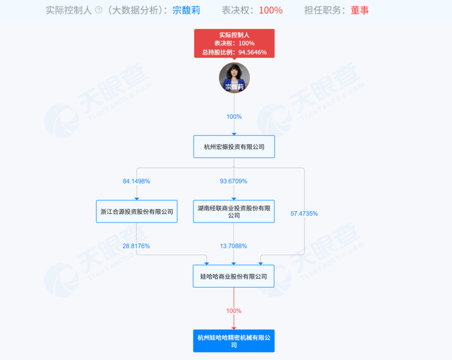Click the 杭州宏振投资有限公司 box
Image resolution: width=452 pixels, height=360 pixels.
[x=234, y=146]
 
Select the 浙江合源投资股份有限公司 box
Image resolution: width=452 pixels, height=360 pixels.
[x=137, y=211]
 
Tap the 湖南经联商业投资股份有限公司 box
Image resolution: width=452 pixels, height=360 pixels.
[x=234, y=211]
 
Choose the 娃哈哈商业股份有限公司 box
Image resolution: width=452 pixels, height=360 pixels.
[x=234, y=276]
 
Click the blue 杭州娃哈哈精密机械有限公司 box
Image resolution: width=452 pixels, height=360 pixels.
[x=234, y=340]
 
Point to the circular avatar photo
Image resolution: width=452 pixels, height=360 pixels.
[x=234, y=77]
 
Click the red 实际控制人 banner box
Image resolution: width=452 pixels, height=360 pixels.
[x=234, y=43]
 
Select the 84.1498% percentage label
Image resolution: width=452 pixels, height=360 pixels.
[x=136, y=181]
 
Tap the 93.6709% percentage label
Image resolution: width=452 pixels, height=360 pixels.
[x=234, y=181]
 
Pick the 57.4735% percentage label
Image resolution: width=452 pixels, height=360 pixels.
[x=304, y=213]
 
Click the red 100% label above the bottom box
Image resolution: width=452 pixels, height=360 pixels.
[x=234, y=311]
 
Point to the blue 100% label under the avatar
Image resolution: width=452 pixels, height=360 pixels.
[x=234, y=117]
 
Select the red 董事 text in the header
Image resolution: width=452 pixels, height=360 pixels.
[x=360, y=10]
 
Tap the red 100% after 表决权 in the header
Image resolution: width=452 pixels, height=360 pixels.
[x=271, y=10]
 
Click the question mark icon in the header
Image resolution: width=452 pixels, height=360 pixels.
[x=98, y=10]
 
